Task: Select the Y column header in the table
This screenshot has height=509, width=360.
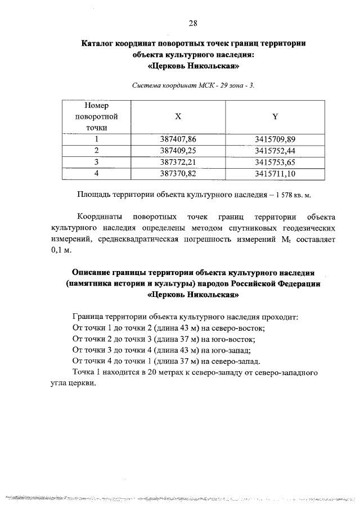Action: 275,116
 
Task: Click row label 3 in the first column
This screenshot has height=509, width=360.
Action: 96,162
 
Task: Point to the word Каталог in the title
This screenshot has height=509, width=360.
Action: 101,43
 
